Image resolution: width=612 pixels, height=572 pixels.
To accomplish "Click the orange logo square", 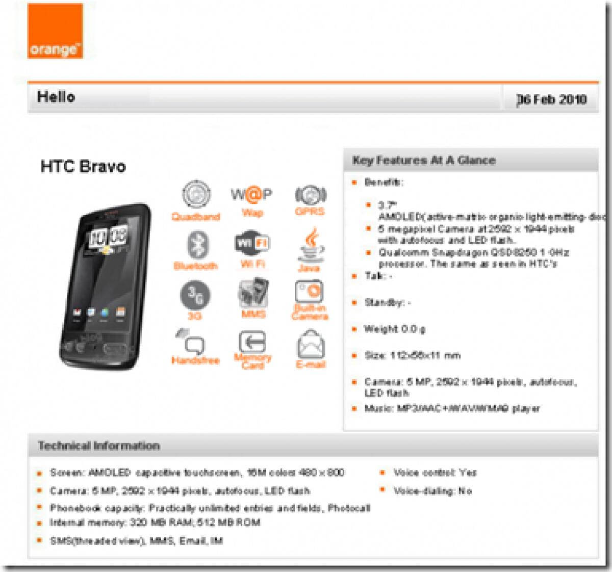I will tap(55, 31).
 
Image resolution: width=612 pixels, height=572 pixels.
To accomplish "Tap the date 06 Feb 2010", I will tap(551, 99).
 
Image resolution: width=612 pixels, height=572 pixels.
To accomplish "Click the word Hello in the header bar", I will tap(56, 97).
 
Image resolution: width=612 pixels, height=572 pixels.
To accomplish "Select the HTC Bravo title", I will tap(83, 167).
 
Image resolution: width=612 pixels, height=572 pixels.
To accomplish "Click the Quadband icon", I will tap(196, 195).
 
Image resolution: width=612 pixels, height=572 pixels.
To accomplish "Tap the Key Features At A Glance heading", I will tap(424, 161).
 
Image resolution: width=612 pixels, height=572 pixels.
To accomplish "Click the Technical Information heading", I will tap(99, 446).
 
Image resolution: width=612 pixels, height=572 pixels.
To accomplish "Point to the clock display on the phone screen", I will tap(108, 237).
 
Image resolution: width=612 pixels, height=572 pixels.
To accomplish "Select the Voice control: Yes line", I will tap(435, 473).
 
